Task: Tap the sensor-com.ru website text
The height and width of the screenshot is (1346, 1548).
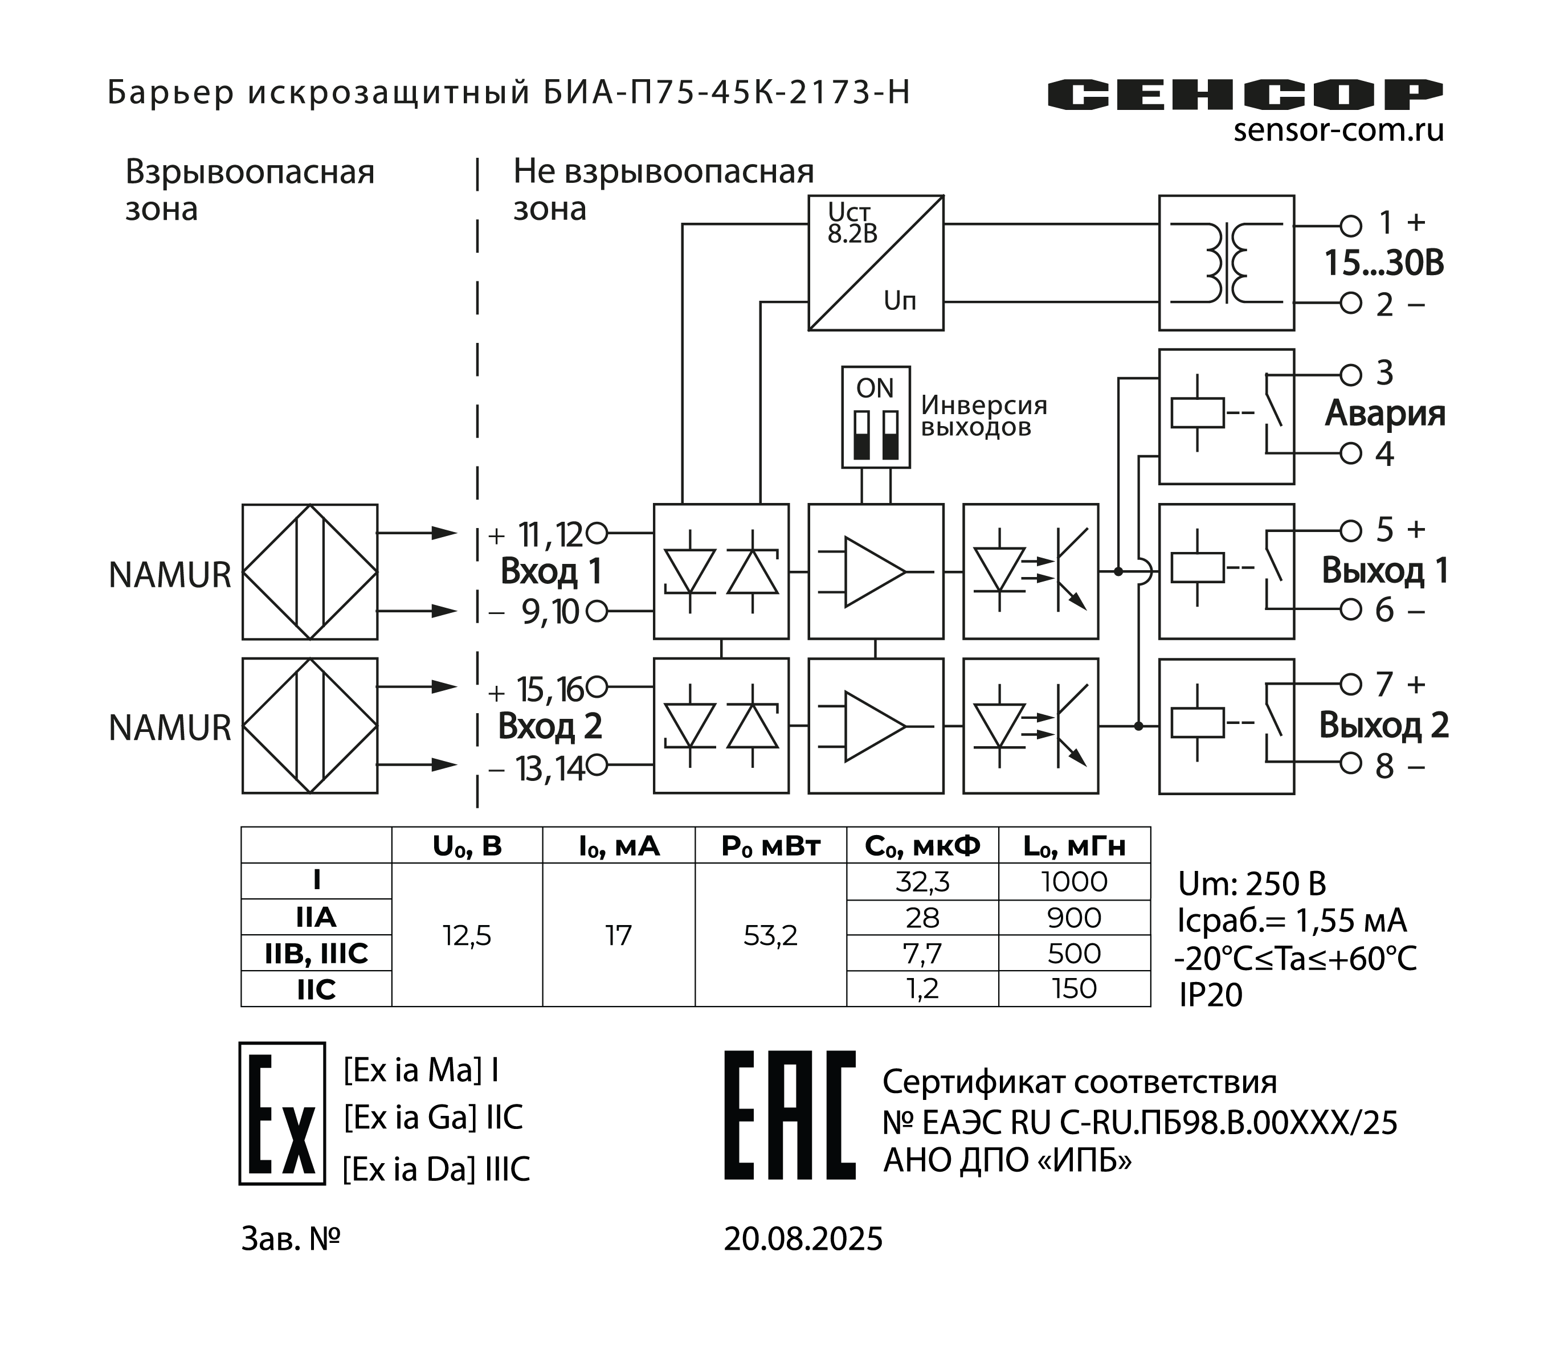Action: pos(1338,130)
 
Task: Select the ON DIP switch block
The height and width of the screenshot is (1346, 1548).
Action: pos(876,417)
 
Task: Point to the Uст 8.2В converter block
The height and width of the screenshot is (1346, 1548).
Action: pos(875,263)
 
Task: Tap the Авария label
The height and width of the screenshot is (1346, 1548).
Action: pos(1384,413)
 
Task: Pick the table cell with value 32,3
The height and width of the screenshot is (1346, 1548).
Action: pos(922,882)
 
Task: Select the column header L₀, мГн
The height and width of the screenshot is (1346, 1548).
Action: pos(1074,846)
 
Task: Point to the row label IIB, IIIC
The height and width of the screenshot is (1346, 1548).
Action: pos(316,953)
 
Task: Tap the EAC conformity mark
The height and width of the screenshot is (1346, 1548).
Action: pos(790,1115)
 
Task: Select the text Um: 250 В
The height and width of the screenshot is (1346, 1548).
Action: pos(1252,884)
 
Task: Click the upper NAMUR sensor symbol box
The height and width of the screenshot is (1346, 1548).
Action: pos(309,571)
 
